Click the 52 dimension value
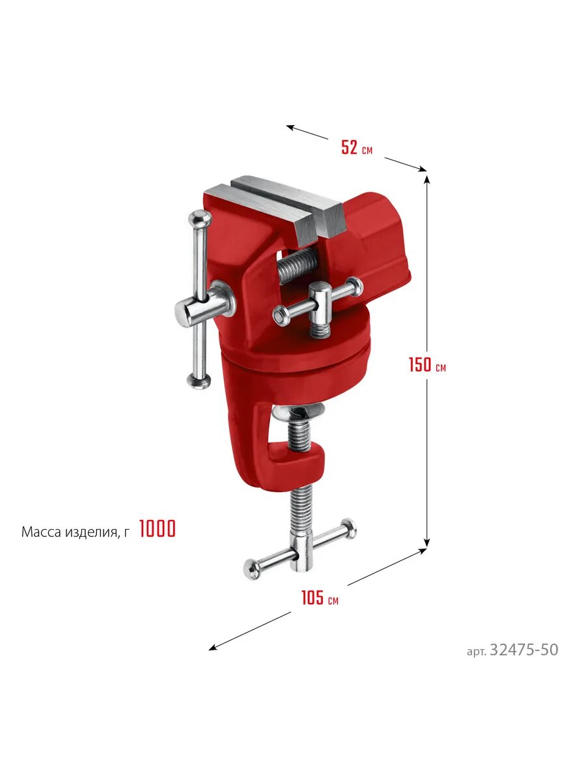pos(349,147)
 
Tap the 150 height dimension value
pos(420,364)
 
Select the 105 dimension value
pos(313,598)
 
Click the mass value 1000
pos(158,529)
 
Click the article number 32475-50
pos(523,650)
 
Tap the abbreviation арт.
pos(476,652)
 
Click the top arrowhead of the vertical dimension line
pos(427,179)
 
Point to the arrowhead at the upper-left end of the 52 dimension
pos(290,127)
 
